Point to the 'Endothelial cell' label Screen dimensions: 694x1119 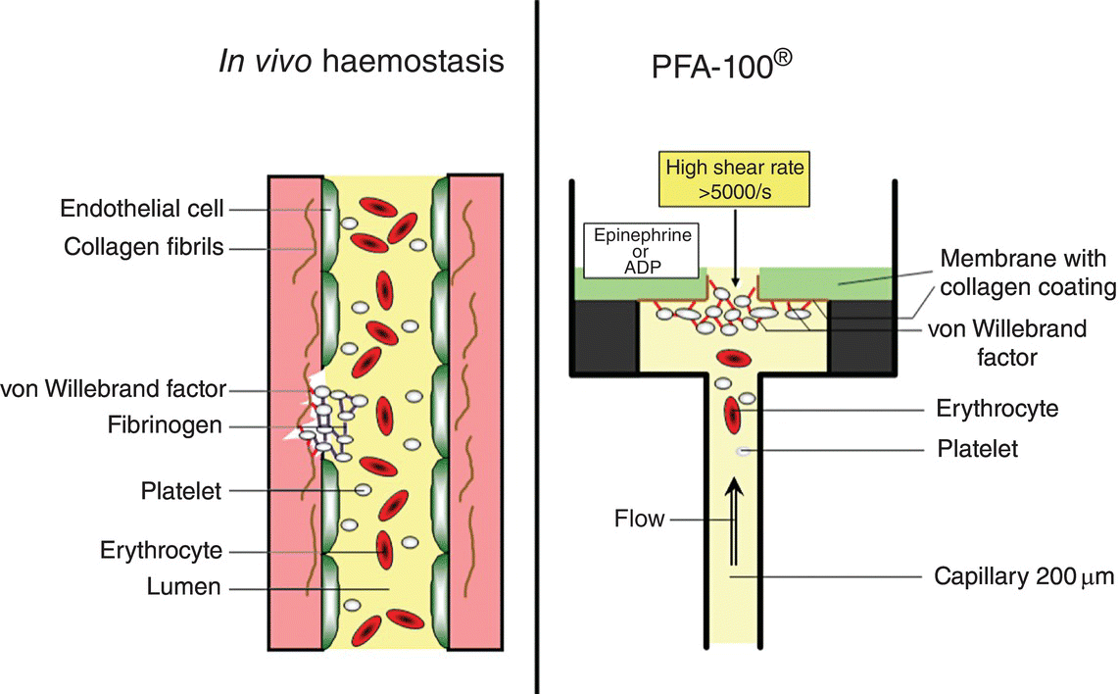[142, 209]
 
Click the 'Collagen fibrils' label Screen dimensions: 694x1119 [144, 248]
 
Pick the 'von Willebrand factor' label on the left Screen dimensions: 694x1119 [113, 389]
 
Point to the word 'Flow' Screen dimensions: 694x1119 [640, 519]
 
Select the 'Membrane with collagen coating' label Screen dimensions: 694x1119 [1027, 273]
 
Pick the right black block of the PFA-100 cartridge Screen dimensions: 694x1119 [862, 336]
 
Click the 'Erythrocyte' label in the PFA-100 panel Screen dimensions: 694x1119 [997, 408]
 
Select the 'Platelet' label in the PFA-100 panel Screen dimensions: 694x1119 [977, 449]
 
